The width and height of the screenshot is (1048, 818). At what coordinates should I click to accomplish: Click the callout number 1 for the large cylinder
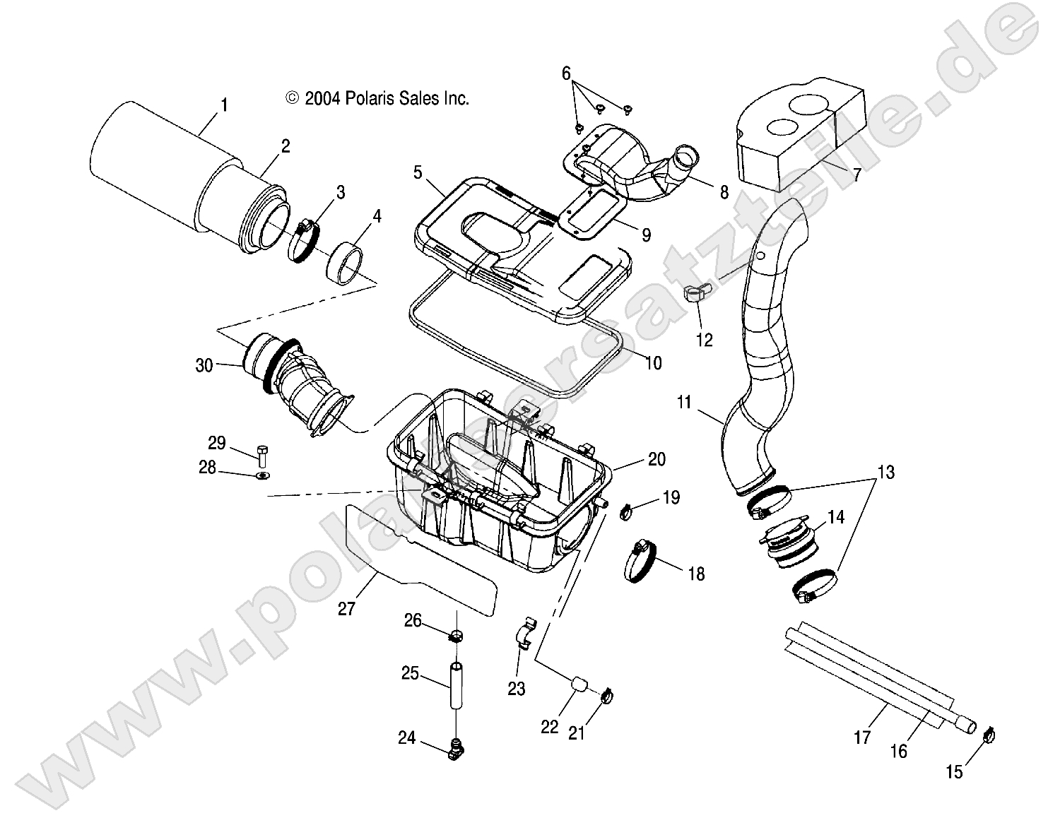(224, 106)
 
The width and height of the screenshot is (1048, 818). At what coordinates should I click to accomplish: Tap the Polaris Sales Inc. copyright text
(377, 99)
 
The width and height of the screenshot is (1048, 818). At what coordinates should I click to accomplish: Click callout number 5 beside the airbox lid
(418, 172)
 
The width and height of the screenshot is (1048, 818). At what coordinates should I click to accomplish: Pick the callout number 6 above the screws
(566, 73)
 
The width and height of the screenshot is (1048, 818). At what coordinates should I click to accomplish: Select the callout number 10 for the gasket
(654, 362)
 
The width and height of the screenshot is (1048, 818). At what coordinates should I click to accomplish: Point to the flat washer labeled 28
(262, 475)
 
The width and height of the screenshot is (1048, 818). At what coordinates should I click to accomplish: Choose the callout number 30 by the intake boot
(204, 365)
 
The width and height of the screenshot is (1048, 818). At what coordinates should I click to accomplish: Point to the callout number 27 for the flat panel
(346, 607)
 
